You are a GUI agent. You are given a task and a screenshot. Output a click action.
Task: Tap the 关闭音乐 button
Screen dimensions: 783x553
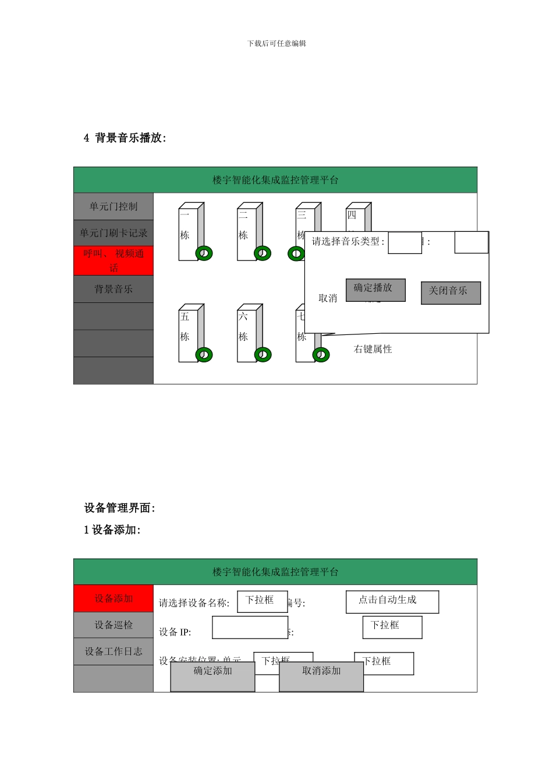(451, 292)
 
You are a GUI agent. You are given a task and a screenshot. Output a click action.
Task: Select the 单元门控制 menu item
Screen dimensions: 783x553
(114, 207)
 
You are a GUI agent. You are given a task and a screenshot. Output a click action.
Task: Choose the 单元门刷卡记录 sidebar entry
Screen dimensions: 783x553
(114, 233)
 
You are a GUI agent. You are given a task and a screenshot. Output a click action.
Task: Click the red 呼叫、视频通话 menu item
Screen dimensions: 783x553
(114, 261)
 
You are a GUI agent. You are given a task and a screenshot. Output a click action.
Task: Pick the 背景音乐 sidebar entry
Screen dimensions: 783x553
(114, 289)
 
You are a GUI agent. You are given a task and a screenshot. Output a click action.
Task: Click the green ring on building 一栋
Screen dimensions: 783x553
(204, 253)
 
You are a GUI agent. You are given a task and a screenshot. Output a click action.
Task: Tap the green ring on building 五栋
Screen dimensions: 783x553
(204, 354)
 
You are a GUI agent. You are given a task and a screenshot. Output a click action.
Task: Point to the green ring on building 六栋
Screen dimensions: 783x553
(263, 354)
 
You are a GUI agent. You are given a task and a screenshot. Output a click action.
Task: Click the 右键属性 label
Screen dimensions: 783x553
(373, 349)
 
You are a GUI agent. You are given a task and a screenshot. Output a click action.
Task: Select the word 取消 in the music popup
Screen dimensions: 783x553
(328, 298)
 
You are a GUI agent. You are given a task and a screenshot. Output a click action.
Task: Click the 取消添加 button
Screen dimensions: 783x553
(321, 676)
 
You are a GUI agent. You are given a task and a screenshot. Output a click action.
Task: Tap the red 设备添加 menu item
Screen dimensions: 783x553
(114, 598)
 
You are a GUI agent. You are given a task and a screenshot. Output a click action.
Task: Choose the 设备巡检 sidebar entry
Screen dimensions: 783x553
(114, 625)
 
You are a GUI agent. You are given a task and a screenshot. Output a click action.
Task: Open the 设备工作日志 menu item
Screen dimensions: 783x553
(114, 651)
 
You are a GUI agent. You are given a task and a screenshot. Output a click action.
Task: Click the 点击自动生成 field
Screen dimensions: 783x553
(392, 602)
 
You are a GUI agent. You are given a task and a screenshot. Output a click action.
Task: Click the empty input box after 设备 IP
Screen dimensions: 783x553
(250, 627)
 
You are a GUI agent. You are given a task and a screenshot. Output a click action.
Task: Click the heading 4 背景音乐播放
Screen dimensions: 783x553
(125, 138)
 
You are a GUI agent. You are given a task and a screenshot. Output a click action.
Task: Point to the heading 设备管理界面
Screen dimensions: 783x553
(119, 508)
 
